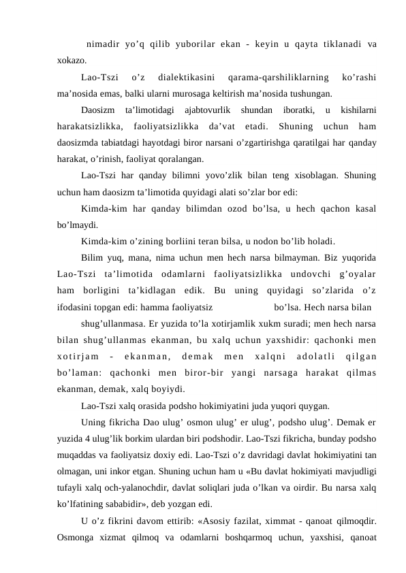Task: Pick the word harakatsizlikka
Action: [x=92, y=127]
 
